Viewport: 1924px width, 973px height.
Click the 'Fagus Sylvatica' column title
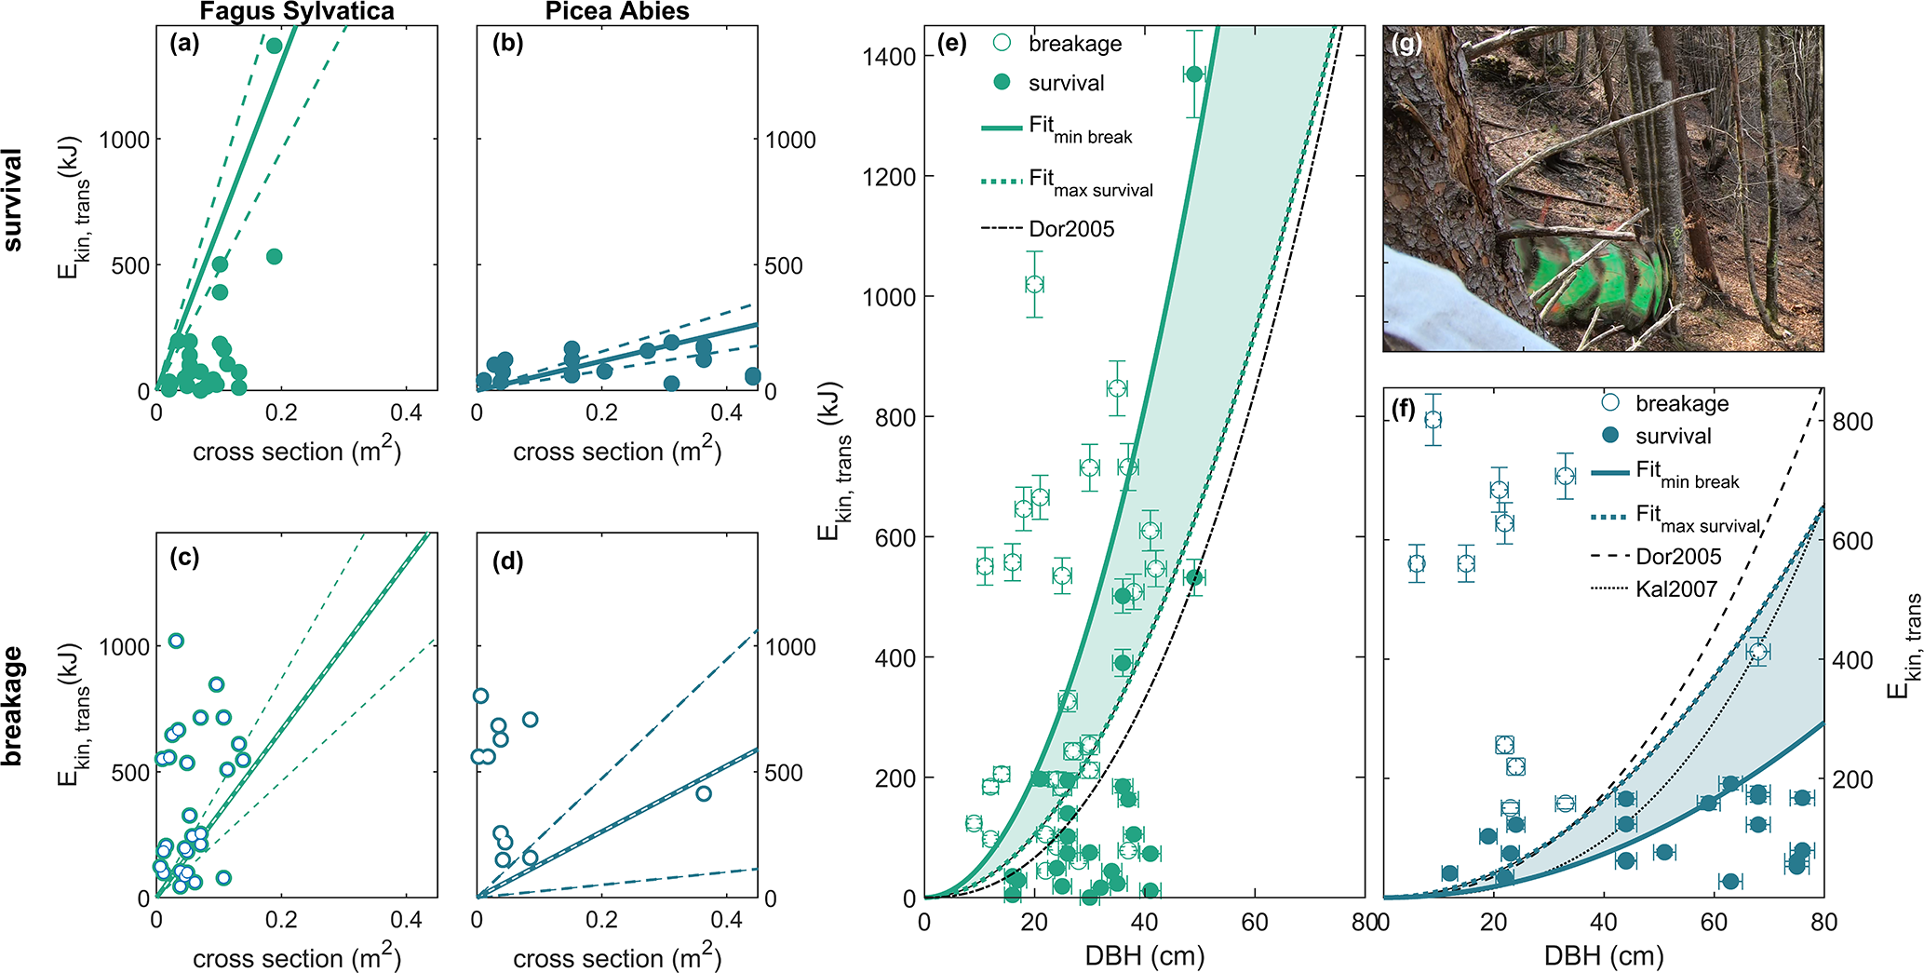pos(297,11)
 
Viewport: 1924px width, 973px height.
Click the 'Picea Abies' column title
pos(617,11)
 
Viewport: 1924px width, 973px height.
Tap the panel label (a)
pos(184,43)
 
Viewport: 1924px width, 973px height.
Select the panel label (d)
pos(507,561)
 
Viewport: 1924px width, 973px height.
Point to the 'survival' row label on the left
pos(13,199)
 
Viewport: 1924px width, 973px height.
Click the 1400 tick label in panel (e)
pos(890,57)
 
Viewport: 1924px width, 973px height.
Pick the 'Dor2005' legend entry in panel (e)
pos(1071,229)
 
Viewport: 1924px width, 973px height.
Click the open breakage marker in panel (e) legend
pos(1002,43)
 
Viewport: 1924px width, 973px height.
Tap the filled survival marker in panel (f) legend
pos(1610,436)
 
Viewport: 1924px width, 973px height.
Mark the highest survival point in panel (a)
pos(274,46)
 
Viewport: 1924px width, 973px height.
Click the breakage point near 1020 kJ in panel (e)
pos(1034,284)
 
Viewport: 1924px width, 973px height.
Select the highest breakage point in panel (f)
pos(1433,420)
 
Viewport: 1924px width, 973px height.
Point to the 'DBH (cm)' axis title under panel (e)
pos(1145,955)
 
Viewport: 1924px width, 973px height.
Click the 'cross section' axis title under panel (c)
pos(296,957)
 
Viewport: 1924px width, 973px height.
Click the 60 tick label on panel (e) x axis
pos(1255,922)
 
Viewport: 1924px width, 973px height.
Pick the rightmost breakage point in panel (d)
pos(704,793)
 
